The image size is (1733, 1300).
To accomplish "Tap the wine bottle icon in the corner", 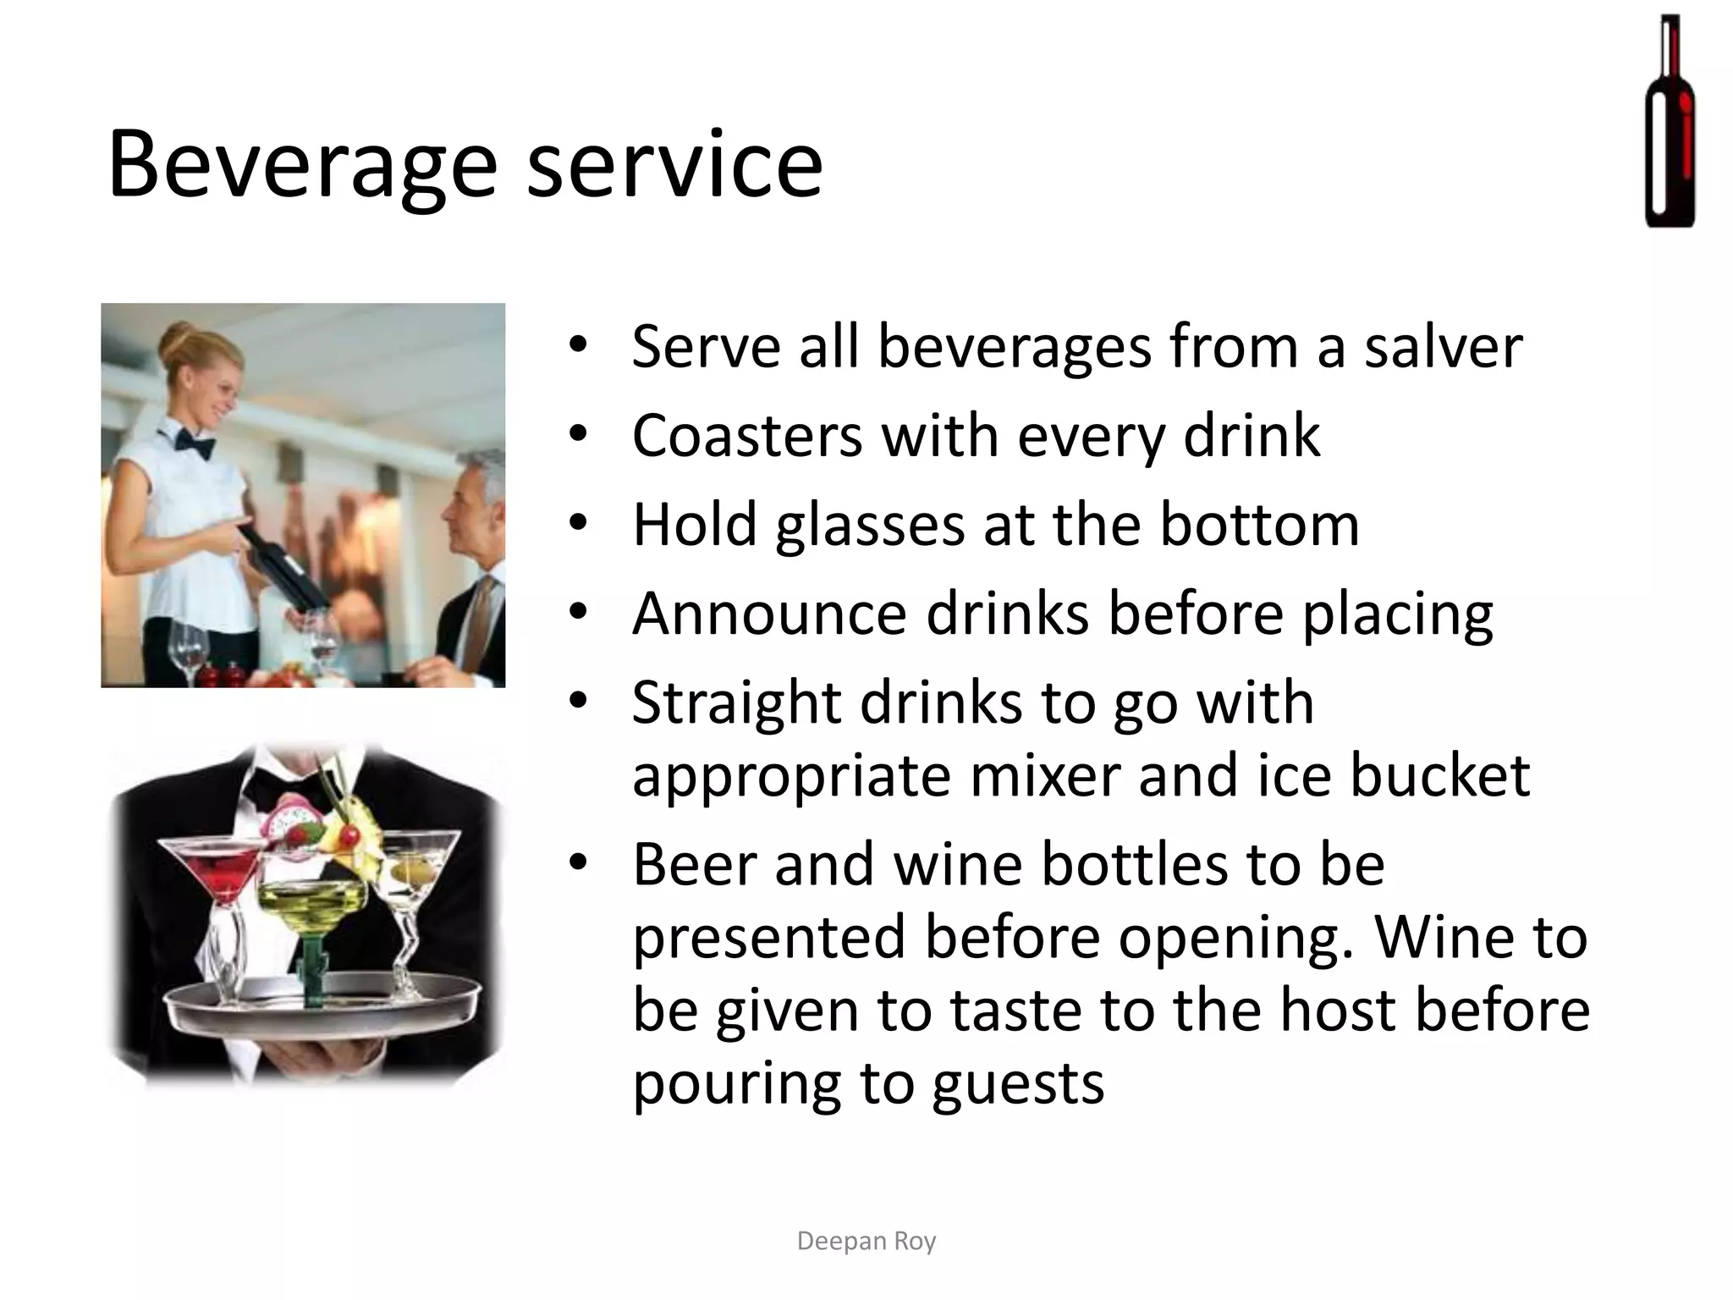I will click(x=1670, y=121).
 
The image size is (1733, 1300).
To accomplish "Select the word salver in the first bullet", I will click(x=1443, y=347).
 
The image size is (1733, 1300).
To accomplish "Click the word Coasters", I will click(x=747, y=436).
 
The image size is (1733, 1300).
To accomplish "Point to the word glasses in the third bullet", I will click(x=870, y=526).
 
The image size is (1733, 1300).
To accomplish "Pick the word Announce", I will click(x=769, y=614).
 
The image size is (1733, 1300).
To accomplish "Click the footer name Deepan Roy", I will click(x=866, y=1241).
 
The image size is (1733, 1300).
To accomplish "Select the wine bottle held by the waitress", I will click(x=283, y=565).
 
